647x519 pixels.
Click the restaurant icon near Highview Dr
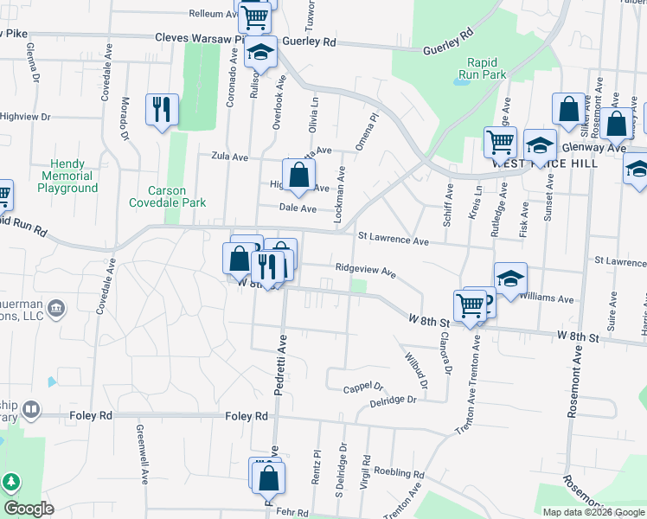pyautogui.click(x=162, y=109)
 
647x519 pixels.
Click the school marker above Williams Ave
pyautogui.click(x=510, y=279)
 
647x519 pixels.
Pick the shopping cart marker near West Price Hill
pyautogui.click(x=500, y=142)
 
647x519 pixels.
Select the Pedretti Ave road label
pyautogui.click(x=280, y=368)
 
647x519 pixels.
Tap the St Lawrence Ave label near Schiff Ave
pyautogui.click(x=394, y=240)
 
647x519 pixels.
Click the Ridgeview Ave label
pyautogui.click(x=365, y=271)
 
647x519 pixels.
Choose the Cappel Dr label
pyautogui.click(x=363, y=388)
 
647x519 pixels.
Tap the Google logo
pyautogui.click(x=29, y=509)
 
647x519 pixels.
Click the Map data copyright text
pyautogui.click(x=593, y=512)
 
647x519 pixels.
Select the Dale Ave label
pyautogui.click(x=298, y=208)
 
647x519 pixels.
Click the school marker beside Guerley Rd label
pyautogui.click(x=260, y=53)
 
